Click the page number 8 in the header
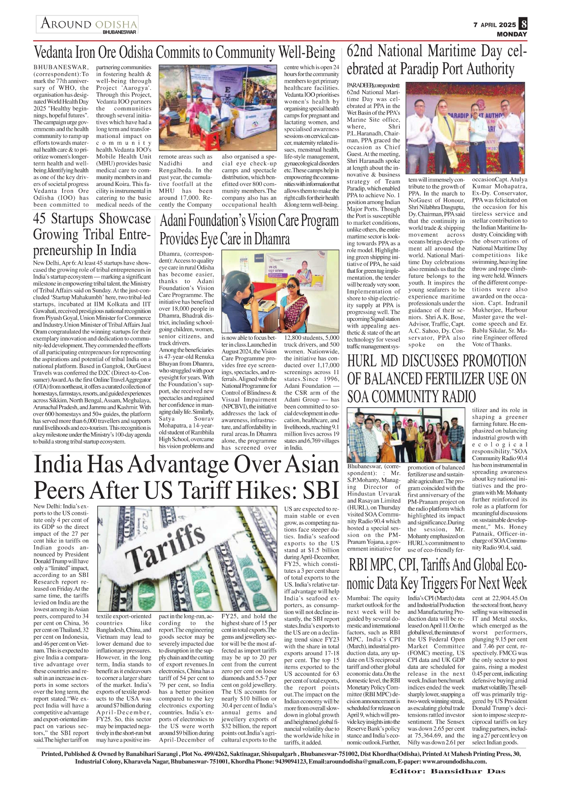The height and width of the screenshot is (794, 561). pyautogui.click(x=523, y=24)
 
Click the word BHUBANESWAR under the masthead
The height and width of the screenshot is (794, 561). pyautogui.click(x=119, y=33)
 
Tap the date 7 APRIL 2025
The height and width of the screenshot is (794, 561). pyautogui.click(x=494, y=25)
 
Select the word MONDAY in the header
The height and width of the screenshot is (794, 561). pyautogui.click(x=512, y=34)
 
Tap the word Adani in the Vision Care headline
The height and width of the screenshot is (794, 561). pyautogui.click(x=176, y=221)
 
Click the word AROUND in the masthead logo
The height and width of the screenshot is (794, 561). pyautogui.click(x=67, y=24)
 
